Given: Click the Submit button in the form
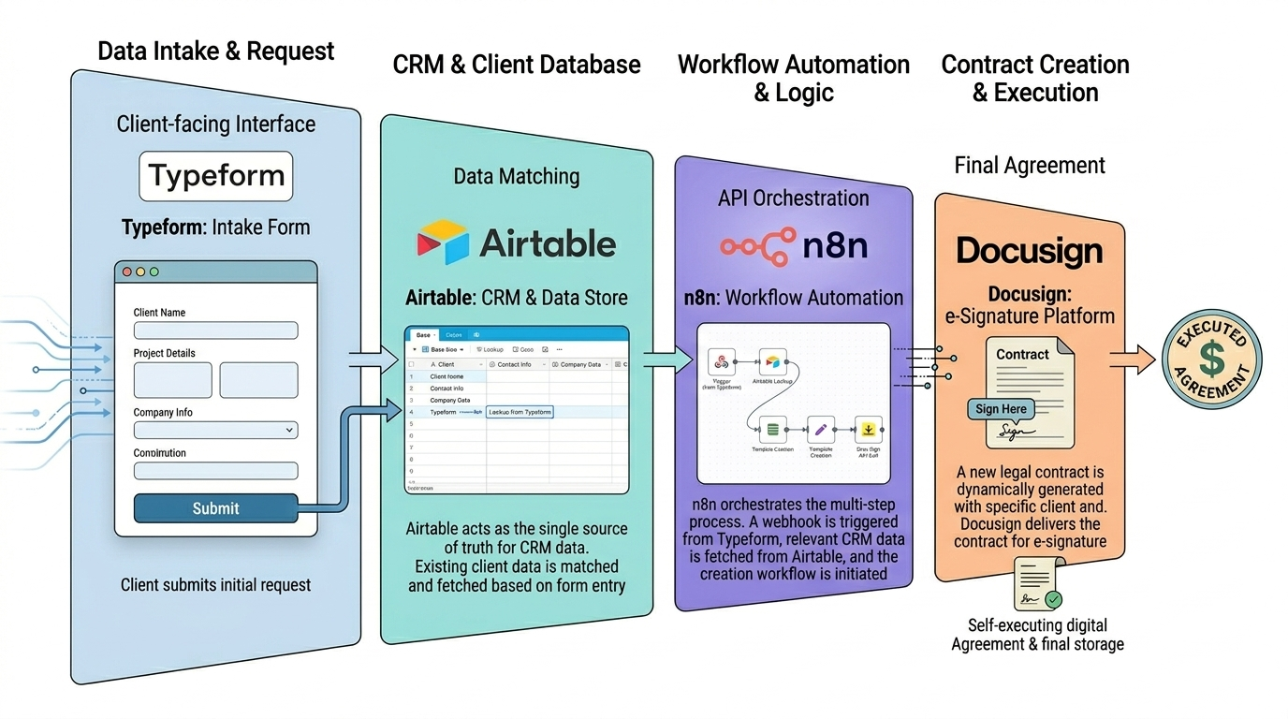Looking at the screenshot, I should pyautogui.click(x=215, y=508).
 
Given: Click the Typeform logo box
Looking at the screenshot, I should pyautogui.click(x=216, y=176).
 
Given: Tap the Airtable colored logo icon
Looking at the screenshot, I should pyautogui.click(x=443, y=242).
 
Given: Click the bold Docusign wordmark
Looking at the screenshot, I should pyautogui.click(x=1029, y=250).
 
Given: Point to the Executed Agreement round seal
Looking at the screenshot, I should pyautogui.click(x=1211, y=359).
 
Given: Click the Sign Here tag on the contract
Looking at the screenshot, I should pyautogui.click(x=1001, y=409).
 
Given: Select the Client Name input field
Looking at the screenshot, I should pyautogui.click(x=215, y=330).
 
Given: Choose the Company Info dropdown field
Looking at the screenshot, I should pyautogui.click(x=215, y=430).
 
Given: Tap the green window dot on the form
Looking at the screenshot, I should pyautogui.click(x=154, y=271).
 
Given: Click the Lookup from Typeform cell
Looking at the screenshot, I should pyautogui.click(x=520, y=412).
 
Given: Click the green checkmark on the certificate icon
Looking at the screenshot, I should pyautogui.click(x=1053, y=599).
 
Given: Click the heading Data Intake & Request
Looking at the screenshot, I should pyautogui.click(x=215, y=51).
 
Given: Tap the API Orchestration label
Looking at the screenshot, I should pyautogui.click(x=793, y=198).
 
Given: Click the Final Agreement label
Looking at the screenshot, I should pyautogui.click(x=1029, y=166).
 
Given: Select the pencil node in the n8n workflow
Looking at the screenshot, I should pyautogui.click(x=820, y=430).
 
